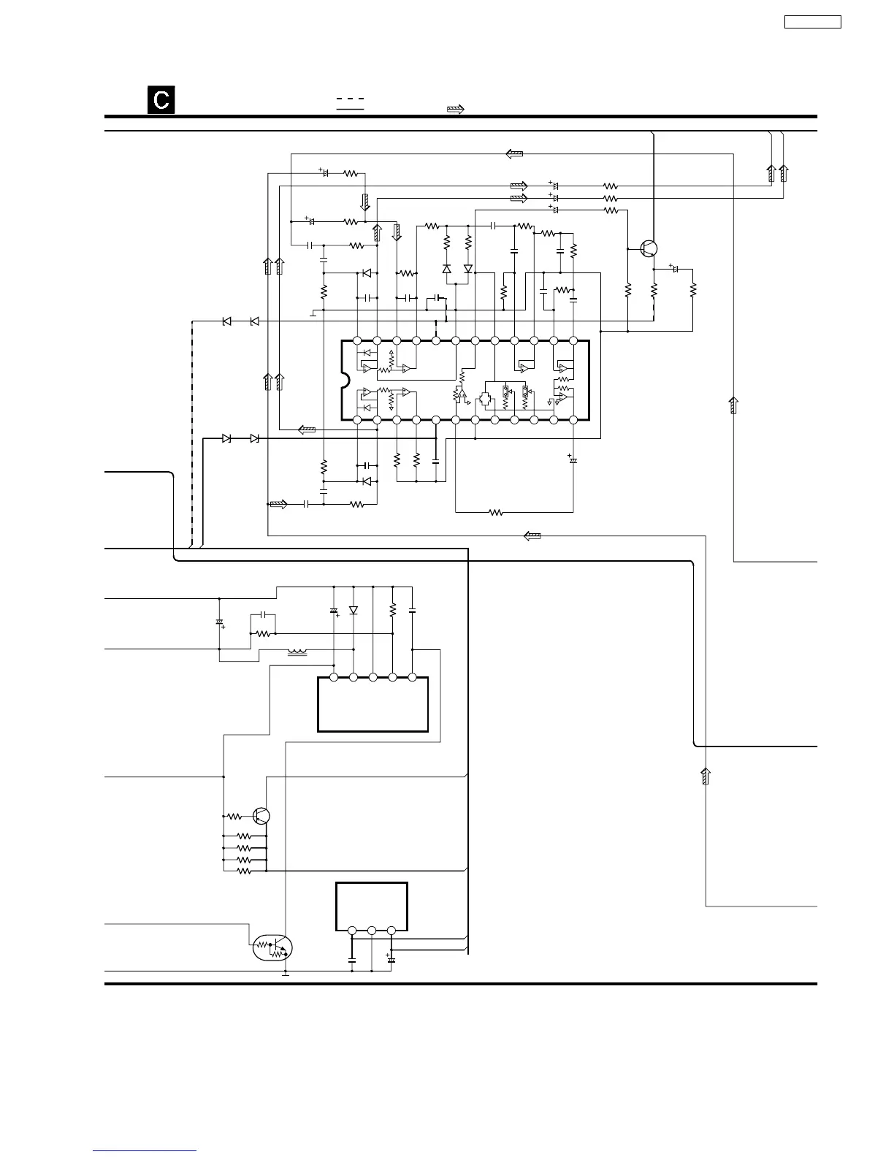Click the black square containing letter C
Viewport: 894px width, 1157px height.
pyautogui.click(x=161, y=99)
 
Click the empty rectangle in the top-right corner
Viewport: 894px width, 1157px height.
pyautogui.click(x=812, y=22)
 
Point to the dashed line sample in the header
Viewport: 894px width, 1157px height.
pyautogui.click(x=350, y=99)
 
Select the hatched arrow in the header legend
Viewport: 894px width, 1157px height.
pyautogui.click(x=455, y=109)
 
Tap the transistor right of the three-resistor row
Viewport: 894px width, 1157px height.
pyautogui.click(x=649, y=248)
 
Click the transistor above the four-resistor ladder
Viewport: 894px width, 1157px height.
pyautogui.click(x=261, y=816)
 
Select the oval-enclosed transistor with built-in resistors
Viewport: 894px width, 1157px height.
pyautogui.click(x=272, y=948)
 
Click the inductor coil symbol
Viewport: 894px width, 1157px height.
pyautogui.click(x=297, y=652)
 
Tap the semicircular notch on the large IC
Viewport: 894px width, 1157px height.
pyautogui.click(x=345, y=380)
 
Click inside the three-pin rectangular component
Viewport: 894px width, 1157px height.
pyautogui.click(x=372, y=906)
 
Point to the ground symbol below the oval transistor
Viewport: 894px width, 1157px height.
pyautogui.click(x=286, y=974)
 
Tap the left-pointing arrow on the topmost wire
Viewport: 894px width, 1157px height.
pyautogui.click(x=514, y=154)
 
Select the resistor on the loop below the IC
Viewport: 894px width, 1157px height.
pyautogui.click(x=496, y=513)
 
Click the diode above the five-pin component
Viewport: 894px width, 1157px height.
pyautogui.click(x=353, y=610)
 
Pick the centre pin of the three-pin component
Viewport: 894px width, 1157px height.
pyautogui.click(x=372, y=931)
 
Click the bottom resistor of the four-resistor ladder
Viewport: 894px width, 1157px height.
pyautogui.click(x=244, y=871)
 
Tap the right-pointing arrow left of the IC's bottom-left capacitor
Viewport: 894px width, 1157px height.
pyautogui.click(x=278, y=504)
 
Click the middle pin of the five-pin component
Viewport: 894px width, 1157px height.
pyautogui.click(x=372, y=677)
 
